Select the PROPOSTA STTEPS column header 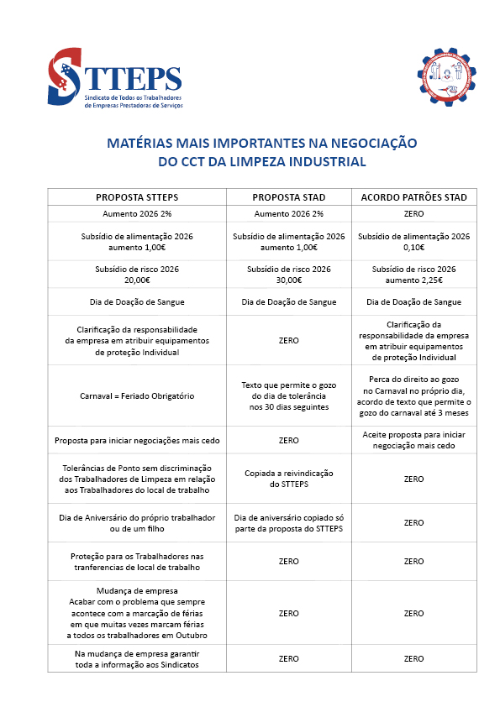[137, 197]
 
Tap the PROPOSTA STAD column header [288, 197]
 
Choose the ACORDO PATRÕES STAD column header [413, 197]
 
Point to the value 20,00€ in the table [136, 280]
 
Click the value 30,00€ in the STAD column [288, 280]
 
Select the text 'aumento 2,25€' [413, 280]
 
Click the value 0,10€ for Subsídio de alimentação [413, 248]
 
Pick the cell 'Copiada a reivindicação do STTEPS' [288, 479]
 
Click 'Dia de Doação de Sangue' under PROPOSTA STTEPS [137, 302]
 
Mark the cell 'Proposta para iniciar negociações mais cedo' [137, 440]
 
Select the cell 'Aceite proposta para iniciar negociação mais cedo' [413, 440]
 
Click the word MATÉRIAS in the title [141, 144]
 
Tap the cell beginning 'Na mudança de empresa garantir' [137, 659]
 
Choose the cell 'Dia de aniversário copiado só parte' [288, 522]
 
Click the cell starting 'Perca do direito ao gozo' [413, 395]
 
